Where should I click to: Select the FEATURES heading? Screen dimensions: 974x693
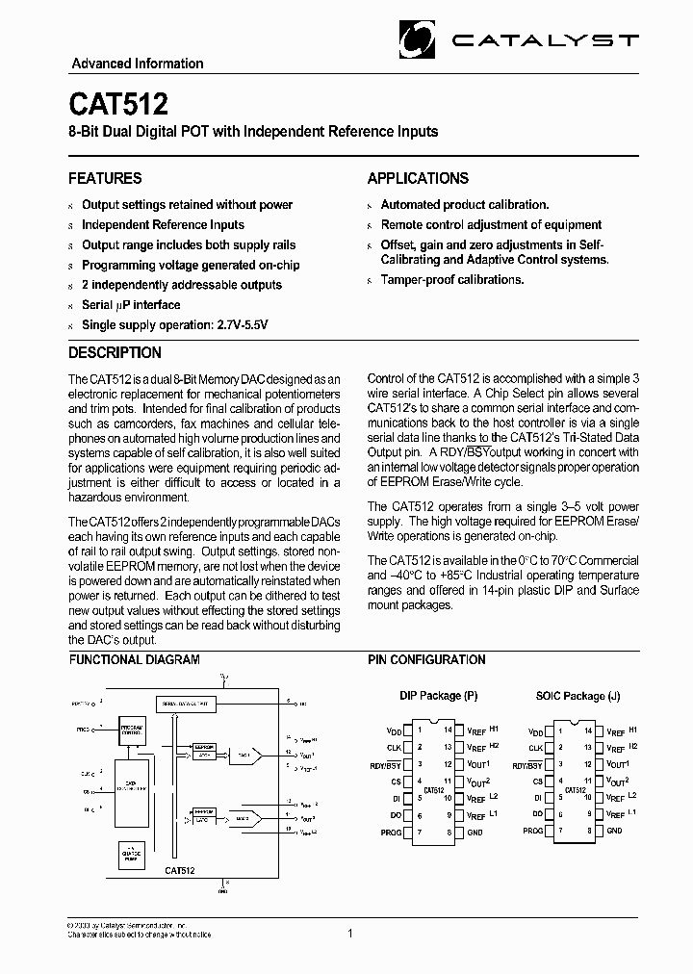105,178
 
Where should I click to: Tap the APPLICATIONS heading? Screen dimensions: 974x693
418,178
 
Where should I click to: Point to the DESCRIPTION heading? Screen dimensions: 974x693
115,352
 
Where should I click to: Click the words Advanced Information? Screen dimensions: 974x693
138,64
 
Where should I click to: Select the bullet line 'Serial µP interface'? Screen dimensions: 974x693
131,305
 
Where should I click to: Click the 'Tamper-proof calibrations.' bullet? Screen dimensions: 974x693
452,280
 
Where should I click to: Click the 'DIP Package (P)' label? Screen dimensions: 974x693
438,696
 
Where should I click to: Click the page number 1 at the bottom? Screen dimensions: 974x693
350,933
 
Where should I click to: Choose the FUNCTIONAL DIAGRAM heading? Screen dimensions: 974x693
134,660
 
